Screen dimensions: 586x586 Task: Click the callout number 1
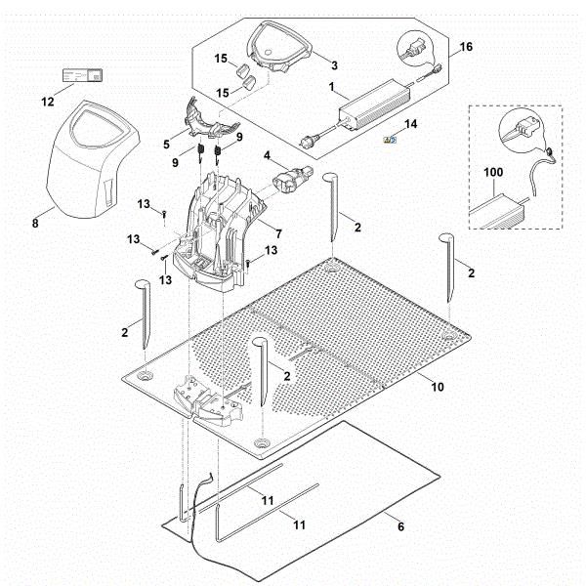(333, 88)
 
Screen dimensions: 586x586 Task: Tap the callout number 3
(334, 65)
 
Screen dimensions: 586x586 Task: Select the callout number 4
(266, 154)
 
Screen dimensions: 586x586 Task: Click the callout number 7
(278, 234)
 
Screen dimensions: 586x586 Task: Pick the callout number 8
(35, 223)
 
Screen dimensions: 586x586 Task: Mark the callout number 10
(437, 388)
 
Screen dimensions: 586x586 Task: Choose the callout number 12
(47, 103)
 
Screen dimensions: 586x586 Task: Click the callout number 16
(465, 47)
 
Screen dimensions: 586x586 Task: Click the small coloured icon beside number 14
(389, 141)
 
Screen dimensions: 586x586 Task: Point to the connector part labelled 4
(287, 181)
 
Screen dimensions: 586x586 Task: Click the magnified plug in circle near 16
(415, 47)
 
